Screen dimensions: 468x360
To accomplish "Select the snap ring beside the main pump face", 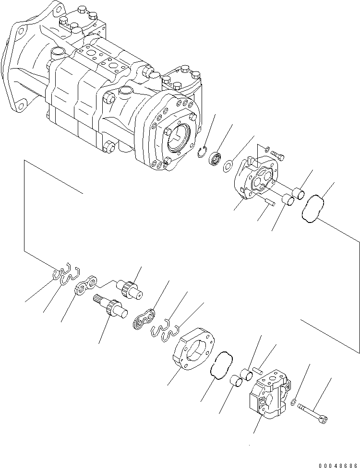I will click(x=204, y=153).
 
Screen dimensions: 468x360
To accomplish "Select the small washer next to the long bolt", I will click(x=294, y=401).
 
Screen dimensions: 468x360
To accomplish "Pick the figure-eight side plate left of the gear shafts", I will click(x=86, y=285).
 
